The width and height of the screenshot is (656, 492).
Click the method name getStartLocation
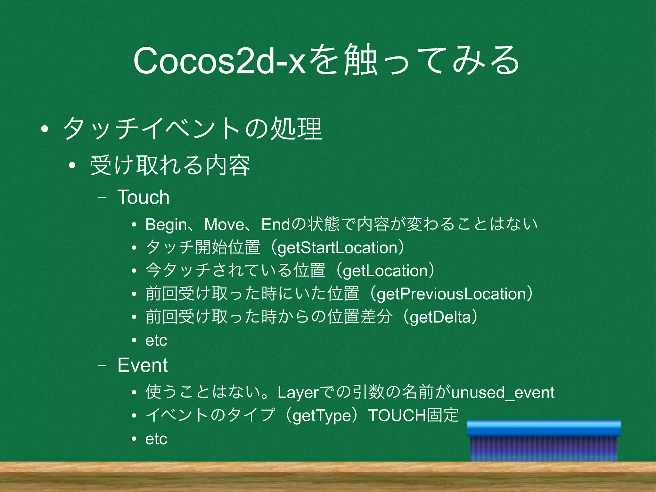tap(338, 248)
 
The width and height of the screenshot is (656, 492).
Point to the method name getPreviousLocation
tap(452, 294)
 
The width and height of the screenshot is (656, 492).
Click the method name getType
tap(322, 416)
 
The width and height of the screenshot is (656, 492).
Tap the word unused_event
tap(503, 393)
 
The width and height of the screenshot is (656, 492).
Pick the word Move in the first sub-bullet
tap(224, 224)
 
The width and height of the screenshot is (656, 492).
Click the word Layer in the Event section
tap(298, 393)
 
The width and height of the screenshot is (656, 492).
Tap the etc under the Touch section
tap(156, 340)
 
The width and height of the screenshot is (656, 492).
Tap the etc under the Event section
tap(156, 439)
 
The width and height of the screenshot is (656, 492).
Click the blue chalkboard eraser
tap(544, 441)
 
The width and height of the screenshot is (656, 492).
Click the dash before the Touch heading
tap(102, 198)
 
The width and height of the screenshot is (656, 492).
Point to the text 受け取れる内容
tap(170, 165)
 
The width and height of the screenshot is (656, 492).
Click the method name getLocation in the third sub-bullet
tap(385, 271)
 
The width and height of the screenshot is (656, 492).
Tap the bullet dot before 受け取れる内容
tap(72, 165)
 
